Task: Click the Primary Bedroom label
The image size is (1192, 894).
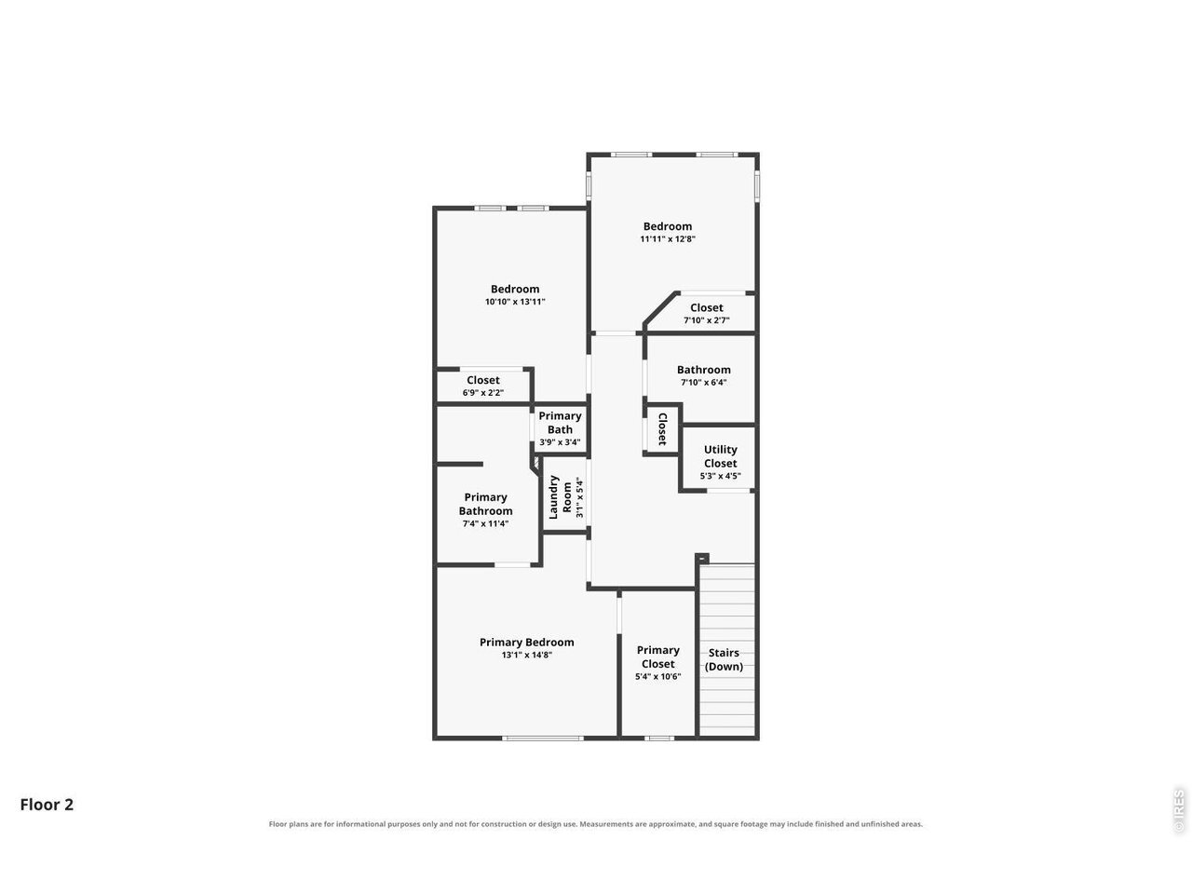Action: click(526, 643)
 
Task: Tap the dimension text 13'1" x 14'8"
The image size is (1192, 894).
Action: click(526, 656)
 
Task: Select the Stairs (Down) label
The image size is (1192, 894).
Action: click(724, 659)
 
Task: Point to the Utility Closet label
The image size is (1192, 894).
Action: click(720, 456)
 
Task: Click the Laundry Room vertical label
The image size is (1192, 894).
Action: click(561, 497)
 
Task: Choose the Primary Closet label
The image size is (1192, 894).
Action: click(657, 657)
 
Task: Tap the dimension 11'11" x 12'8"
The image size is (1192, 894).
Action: click(668, 238)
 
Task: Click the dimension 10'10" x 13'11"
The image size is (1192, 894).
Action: click(515, 302)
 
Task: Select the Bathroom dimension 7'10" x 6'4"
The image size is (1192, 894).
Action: click(703, 382)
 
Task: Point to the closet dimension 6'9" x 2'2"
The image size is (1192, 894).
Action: click(482, 392)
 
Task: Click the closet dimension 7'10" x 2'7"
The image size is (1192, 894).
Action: click(706, 320)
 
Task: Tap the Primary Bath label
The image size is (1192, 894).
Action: click(560, 422)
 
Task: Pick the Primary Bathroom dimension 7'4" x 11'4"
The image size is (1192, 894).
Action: click(485, 523)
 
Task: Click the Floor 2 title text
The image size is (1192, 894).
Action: click(47, 805)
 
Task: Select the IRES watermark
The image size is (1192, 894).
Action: click(1178, 811)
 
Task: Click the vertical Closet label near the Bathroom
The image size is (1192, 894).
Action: click(662, 428)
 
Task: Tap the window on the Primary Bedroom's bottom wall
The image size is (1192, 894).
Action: click(542, 738)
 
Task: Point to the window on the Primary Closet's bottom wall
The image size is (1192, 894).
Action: click(659, 738)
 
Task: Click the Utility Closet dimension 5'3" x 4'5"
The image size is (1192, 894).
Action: click(720, 476)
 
